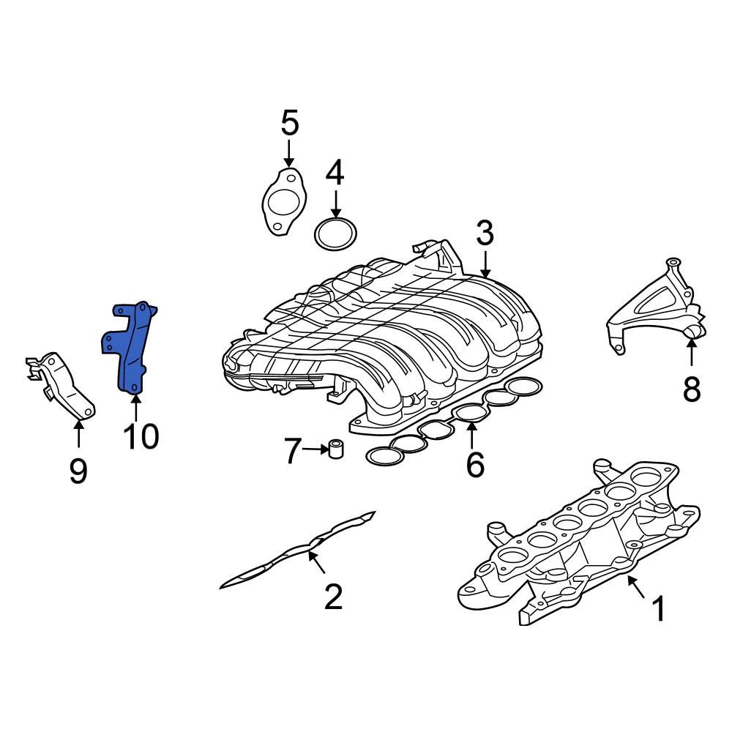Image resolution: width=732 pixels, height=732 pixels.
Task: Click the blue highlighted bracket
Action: click(132, 348)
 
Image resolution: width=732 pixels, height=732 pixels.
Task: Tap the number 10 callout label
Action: click(140, 437)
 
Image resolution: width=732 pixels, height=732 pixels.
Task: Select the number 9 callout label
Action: click(78, 471)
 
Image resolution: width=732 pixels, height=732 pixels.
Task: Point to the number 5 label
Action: click(290, 123)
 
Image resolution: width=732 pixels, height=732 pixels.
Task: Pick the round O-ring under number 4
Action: click(336, 234)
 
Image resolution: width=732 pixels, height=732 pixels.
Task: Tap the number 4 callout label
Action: click(335, 173)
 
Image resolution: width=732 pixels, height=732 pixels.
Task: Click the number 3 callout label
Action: click(485, 234)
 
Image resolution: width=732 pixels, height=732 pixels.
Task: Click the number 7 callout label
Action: click(292, 452)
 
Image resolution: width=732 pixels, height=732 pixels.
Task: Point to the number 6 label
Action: click(474, 464)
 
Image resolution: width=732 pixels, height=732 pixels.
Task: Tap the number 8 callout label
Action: click(692, 390)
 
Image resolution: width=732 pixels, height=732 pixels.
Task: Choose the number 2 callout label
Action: click(333, 597)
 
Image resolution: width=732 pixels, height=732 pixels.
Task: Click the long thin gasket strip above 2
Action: click(300, 549)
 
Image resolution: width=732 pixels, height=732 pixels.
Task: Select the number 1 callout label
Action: click(658, 608)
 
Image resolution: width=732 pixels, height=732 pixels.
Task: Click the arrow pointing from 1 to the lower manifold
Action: click(635, 587)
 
